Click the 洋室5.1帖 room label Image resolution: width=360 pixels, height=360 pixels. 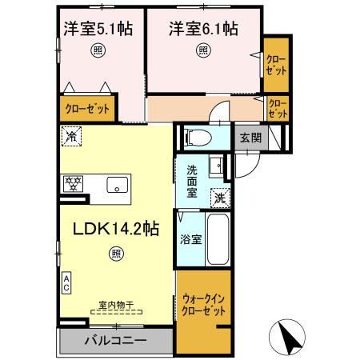[x=98, y=29]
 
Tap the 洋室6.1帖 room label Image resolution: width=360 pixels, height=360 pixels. [x=203, y=29]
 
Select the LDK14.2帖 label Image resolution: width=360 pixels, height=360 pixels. [x=117, y=228]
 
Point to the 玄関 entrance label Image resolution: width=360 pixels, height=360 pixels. [x=250, y=137]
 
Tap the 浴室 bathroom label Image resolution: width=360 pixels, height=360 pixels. [x=190, y=238]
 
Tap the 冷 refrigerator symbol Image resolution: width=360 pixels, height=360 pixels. [x=72, y=136]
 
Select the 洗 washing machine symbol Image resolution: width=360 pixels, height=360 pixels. [x=219, y=196]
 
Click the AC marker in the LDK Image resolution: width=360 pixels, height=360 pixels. [x=66, y=281]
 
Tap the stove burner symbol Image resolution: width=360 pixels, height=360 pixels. [x=74, y=184]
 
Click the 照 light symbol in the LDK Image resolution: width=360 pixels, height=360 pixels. [x=117, y=255]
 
